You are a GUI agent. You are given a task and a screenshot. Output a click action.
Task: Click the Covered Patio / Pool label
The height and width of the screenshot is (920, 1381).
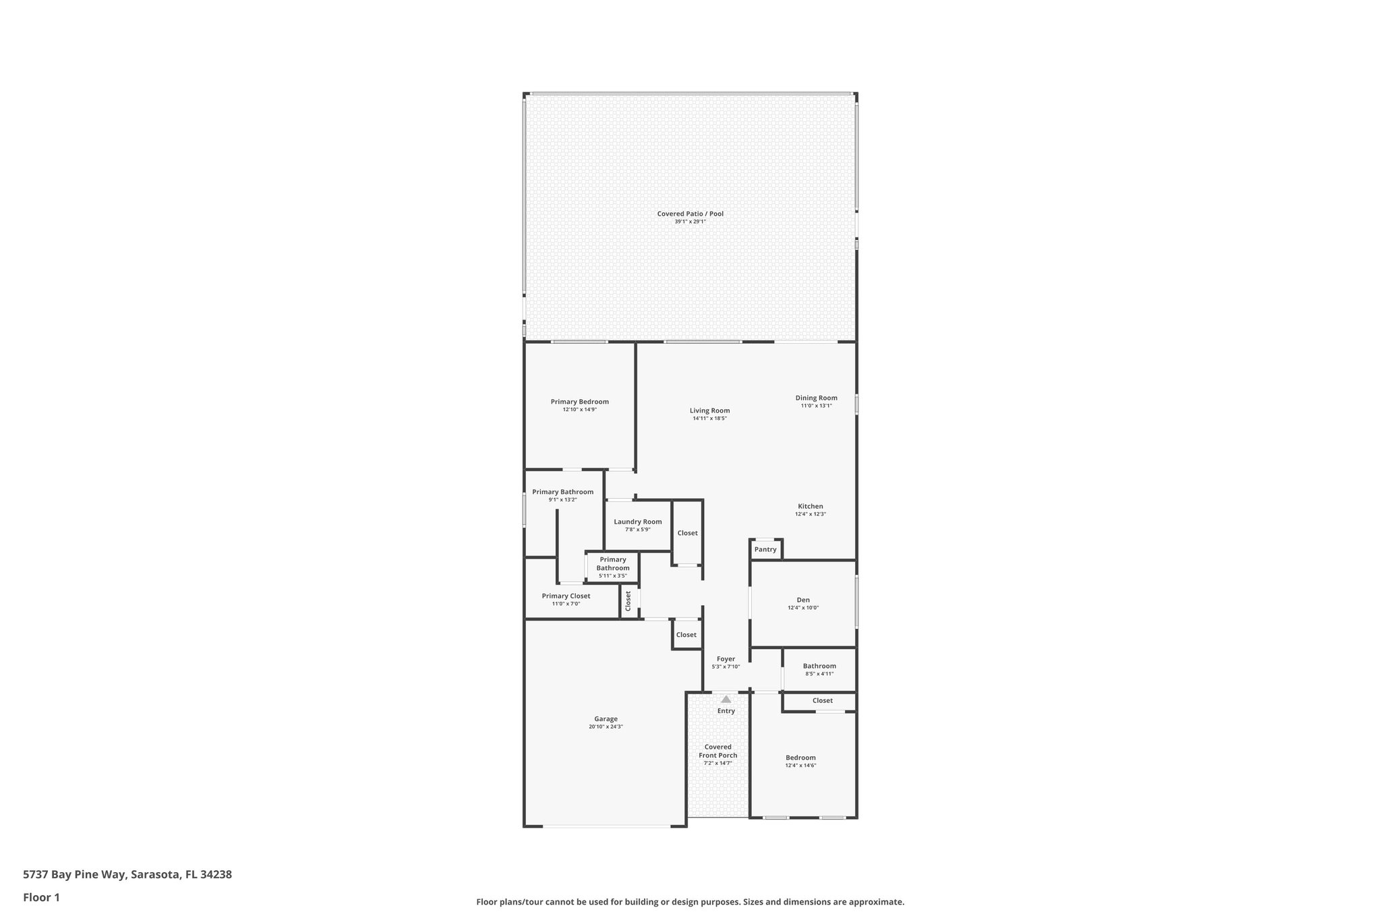tap(690, 214)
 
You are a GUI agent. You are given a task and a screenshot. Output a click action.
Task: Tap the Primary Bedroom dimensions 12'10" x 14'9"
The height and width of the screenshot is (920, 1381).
tap(579, 410)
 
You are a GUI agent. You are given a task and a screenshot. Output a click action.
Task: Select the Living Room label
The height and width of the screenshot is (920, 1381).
tap(709, 410)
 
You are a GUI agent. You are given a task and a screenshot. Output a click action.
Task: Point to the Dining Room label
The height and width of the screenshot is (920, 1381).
tap(816, 398)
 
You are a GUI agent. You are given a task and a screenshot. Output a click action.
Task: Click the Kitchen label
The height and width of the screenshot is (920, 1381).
tap(810, 506)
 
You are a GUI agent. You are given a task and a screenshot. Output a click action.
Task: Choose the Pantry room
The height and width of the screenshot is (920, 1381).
tap(765, 549)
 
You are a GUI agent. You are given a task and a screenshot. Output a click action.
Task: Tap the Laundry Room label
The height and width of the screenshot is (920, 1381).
tap(637, 522)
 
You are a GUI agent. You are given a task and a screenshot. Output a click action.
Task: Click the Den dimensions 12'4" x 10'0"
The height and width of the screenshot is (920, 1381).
tap(802, 608)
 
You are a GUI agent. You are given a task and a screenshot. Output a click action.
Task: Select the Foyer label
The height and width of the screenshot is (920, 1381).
tap(726, 659)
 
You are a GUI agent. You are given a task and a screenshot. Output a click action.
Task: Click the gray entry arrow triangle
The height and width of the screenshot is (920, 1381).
tap(726, 700)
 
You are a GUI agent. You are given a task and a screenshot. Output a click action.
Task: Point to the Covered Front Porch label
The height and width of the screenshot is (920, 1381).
tap(717, 751)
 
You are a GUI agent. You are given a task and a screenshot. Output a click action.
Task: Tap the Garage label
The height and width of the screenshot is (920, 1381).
tap(606, 719)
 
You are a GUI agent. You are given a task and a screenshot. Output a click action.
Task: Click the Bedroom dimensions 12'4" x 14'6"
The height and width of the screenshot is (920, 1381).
tap(800, 766)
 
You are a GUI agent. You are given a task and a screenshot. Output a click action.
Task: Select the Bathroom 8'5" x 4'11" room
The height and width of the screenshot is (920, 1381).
tap(819, 669)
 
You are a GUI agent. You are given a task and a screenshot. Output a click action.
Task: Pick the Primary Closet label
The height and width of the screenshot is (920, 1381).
tap(566, 596)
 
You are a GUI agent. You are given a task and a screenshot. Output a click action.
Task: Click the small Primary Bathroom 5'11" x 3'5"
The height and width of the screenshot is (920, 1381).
tap(612, 567)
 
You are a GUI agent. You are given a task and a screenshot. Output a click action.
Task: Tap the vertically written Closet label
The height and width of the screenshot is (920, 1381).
tap(628, 601)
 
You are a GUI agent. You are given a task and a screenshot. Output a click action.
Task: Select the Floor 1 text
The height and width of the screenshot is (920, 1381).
tap(41, 897)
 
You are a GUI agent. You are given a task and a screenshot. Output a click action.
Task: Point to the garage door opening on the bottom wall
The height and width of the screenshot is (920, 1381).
tap(606, 826)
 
